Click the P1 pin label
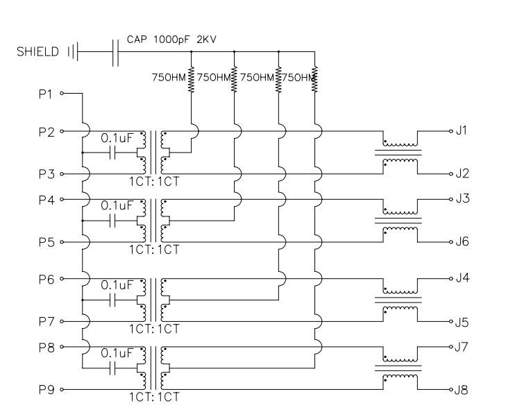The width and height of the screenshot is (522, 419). point(45,94)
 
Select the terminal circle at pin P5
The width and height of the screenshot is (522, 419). point(62,242)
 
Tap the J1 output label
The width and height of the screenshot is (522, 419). point(462,130)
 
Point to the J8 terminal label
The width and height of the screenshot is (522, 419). point(462,389)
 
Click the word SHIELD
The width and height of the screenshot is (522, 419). point(37,52)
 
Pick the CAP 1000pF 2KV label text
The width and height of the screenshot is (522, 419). point(171,40)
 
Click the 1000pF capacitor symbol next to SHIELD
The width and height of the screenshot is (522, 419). point(115,52)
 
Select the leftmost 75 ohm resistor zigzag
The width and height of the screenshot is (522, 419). point(191,79)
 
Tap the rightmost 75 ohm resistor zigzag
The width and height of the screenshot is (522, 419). point(314,79)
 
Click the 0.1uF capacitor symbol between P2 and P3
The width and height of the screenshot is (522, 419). point(112,153)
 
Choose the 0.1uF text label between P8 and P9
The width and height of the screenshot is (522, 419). point(117,353)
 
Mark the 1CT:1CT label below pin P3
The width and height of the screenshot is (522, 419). point(155,181)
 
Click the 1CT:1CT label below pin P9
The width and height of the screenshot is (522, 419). point(155,397)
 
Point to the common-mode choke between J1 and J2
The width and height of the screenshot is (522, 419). point(399,153)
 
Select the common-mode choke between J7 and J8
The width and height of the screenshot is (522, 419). point(399,368)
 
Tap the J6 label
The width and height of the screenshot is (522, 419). point(462,241)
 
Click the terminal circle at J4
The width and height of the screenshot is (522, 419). point(451,279)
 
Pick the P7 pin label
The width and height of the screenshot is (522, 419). point(47,321)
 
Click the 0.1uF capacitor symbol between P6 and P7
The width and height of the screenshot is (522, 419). point(112,300)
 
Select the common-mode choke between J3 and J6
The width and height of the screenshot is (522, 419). point(399,221)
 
